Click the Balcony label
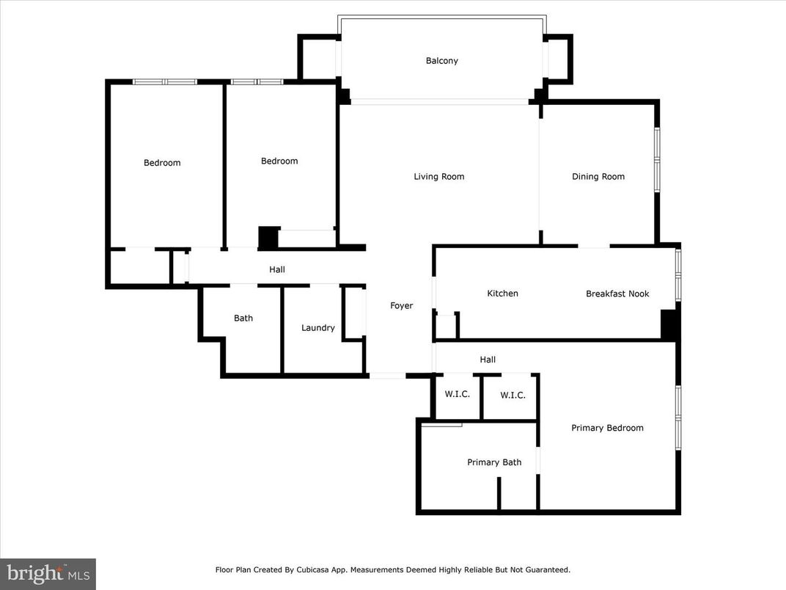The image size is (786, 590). pos(442,61)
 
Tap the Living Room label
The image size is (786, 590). pos(438,176)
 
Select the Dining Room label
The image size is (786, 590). pos(598,176)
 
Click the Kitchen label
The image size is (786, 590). pos(502,294)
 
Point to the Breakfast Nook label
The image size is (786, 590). pos(617,294)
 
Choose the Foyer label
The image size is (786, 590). pos(401,306)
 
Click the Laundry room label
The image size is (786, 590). pos(318,328)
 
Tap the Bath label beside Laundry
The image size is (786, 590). pos(243,318)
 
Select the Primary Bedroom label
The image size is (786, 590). pos(607,428)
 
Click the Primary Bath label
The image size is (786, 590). pos(494,462)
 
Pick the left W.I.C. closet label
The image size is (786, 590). pos(458,394)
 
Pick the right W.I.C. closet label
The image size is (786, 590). pos(513,396)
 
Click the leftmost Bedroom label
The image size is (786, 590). pos(162,163)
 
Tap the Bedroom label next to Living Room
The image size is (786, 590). pos(279,161)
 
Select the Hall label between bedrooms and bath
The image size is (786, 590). pos(277,270)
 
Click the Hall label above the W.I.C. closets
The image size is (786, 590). pos(488,360)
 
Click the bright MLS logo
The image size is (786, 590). pos(48,573)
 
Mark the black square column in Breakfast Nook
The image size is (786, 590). pos(669,324)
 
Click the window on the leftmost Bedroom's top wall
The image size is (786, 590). pos(165,81)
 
